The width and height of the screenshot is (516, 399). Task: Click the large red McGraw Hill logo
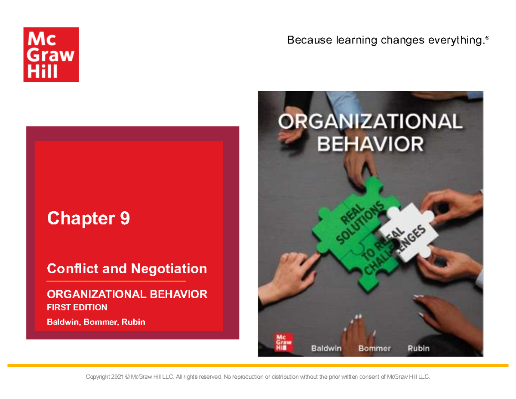pyautogui.click(x=51, y=54)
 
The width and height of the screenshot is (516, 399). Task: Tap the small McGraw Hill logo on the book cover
pyautogui.click(x=281, y=343)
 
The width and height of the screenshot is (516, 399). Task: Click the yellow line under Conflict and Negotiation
pyautogui.click(x=116, y=281)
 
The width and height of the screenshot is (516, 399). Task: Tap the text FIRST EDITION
pyautogui.click(x=77, y=307)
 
